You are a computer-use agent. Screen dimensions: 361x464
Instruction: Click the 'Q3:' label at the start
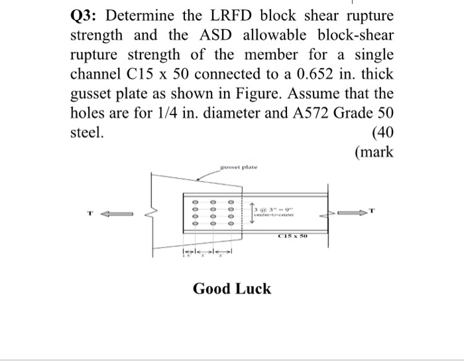[x=86, y=15]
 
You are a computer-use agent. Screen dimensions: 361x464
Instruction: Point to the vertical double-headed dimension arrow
[x=252, y=212]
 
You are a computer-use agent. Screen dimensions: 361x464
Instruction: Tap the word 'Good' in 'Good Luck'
[x=212, y=289]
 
